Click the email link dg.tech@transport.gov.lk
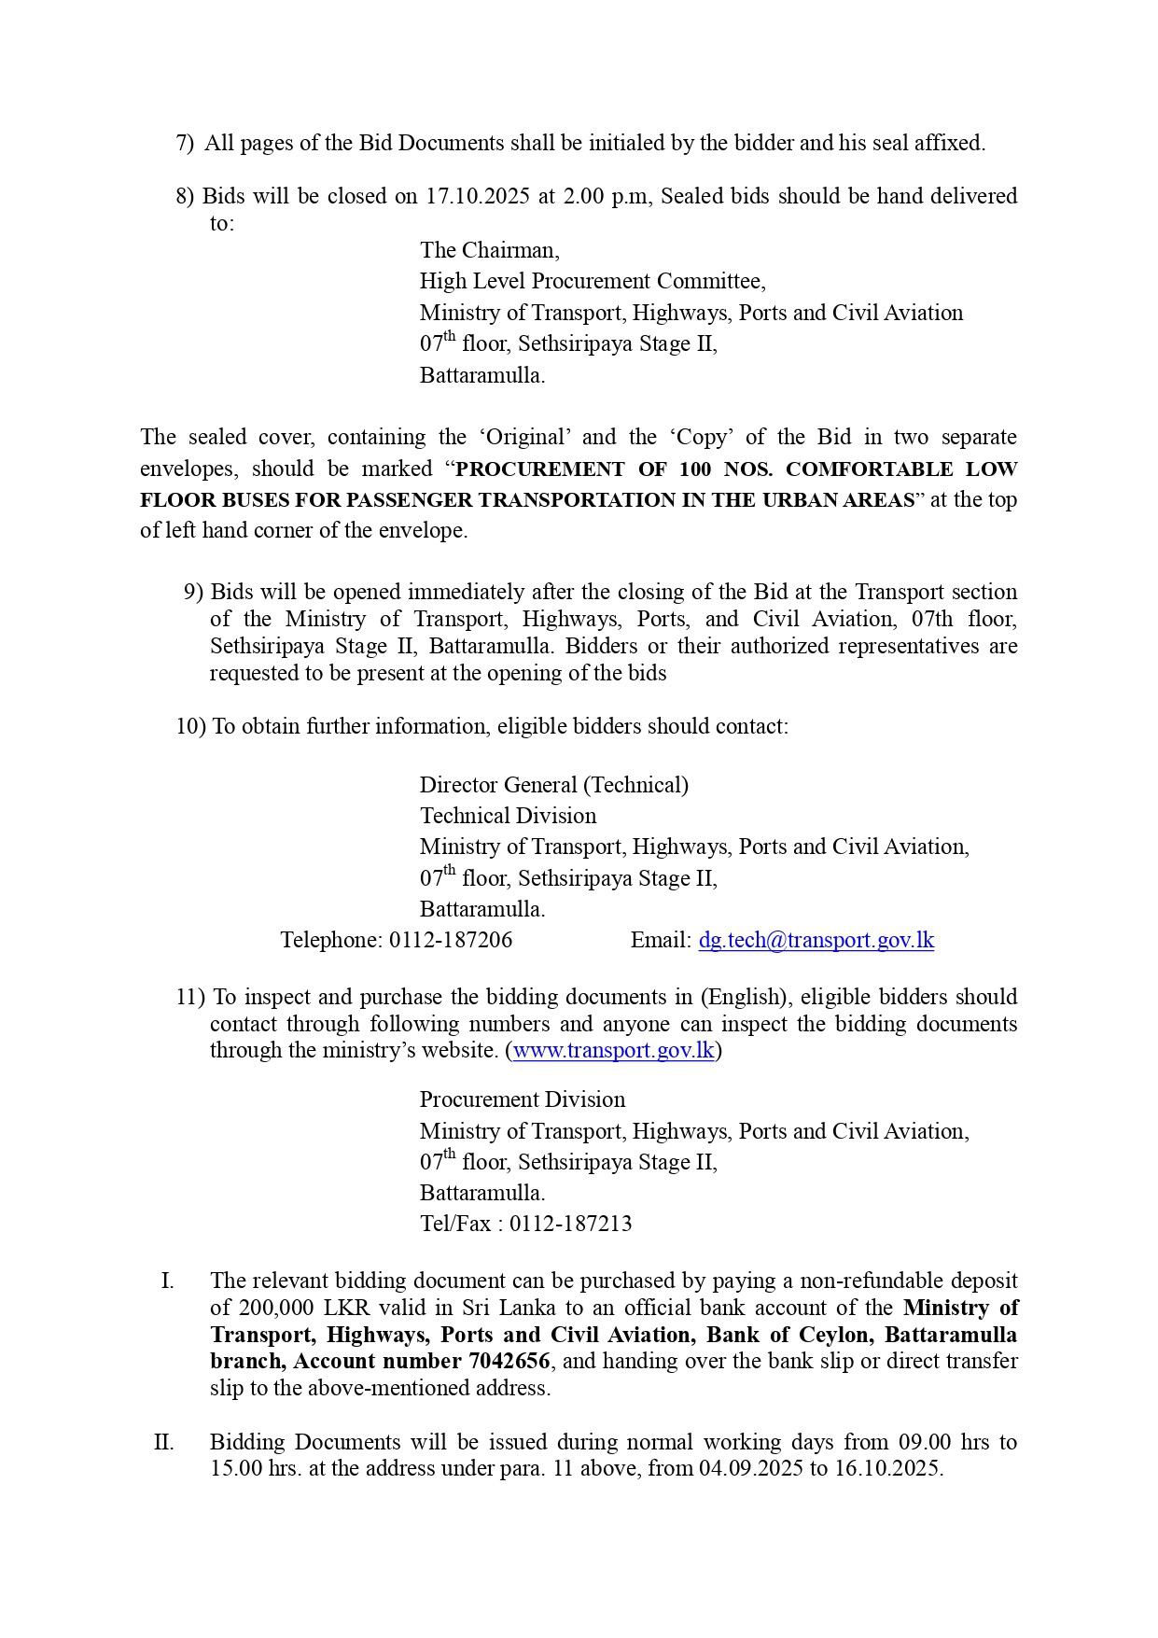(816, 940)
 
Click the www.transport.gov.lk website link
(614, 1050)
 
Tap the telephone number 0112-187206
(451, 940)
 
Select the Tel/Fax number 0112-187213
(571, 1224)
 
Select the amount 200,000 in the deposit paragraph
(276, 1308)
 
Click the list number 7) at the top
(185, 143)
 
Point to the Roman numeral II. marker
(164, 1442)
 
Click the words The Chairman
(489, 250)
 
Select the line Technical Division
(508, 816)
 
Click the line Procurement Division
(522, 1099)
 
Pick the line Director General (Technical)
(553, 785)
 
